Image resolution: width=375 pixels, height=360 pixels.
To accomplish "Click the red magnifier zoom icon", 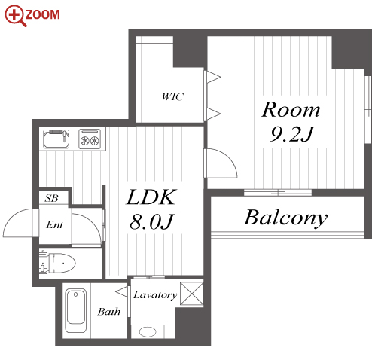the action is click(15, 16).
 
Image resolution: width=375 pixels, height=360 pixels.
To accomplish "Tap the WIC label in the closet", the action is click(173, 96).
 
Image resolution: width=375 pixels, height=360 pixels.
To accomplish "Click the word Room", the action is click(291, 109).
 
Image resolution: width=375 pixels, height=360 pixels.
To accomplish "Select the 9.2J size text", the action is click(292, 134).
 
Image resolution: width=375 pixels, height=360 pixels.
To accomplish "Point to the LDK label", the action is click(151, 197).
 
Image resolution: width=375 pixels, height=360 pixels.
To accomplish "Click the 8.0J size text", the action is click(151, 222).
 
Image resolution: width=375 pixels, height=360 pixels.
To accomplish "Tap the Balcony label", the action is click(286, 218).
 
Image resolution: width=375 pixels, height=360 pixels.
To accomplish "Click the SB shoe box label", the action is click(51, 198).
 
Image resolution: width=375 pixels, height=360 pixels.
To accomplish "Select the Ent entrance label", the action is click(54, 224).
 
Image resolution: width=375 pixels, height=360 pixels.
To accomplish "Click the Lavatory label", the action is click(155, 295).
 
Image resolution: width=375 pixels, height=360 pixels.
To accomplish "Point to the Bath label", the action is click(109, 312).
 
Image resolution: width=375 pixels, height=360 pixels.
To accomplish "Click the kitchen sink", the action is click(56, 139).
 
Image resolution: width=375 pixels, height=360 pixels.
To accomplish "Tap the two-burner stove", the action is click(90, 139).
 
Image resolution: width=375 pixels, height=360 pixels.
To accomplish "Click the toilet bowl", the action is click(62, 263).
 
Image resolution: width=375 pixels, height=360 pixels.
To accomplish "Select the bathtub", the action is click(76, 310).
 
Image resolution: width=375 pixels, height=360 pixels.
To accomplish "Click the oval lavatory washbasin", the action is click(148, 332).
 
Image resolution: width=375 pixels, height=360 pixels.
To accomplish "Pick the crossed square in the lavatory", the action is click(192, 294).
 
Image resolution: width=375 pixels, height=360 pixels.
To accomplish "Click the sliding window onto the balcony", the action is click(278, 193).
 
